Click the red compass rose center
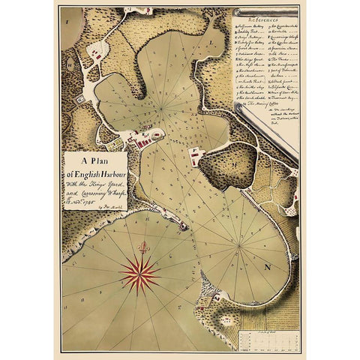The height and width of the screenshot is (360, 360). [139, 274]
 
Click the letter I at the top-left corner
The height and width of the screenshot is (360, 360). [67, 21]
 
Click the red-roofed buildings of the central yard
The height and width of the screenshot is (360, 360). [142, 139]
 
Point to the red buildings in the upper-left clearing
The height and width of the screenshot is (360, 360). [96, 51]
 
